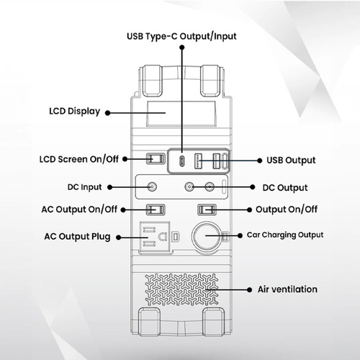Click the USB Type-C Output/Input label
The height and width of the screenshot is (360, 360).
coord(181,37)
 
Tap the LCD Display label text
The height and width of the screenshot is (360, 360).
coord(74,112)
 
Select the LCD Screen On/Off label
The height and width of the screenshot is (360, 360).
coord(79,159)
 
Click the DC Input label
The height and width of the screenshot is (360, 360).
coord(84,187)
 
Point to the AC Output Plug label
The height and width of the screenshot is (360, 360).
coord(77,237)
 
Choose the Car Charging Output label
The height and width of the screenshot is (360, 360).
coord(285,235)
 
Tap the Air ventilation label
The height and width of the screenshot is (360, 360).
coord(287,289)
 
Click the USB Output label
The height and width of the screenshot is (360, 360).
coord(291,161)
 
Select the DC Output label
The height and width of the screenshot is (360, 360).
coord(285,188)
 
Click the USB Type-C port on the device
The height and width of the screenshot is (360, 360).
coord(182,161)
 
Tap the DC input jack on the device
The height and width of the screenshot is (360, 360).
coord(152,186)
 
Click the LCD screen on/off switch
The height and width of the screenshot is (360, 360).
coord(156,159)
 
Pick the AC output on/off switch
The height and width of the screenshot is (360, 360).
coord(156,210)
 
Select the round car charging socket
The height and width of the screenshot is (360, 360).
coord(206,235)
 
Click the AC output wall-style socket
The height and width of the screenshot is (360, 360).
coord(155,237)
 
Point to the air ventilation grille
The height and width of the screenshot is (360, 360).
coord(181,289)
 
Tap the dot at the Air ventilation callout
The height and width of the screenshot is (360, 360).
coord(249,290)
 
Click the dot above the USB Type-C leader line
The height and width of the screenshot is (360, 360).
coord(182,48)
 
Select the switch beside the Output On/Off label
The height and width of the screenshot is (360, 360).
coord(207,210)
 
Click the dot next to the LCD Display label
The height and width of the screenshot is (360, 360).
coord(108,113)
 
